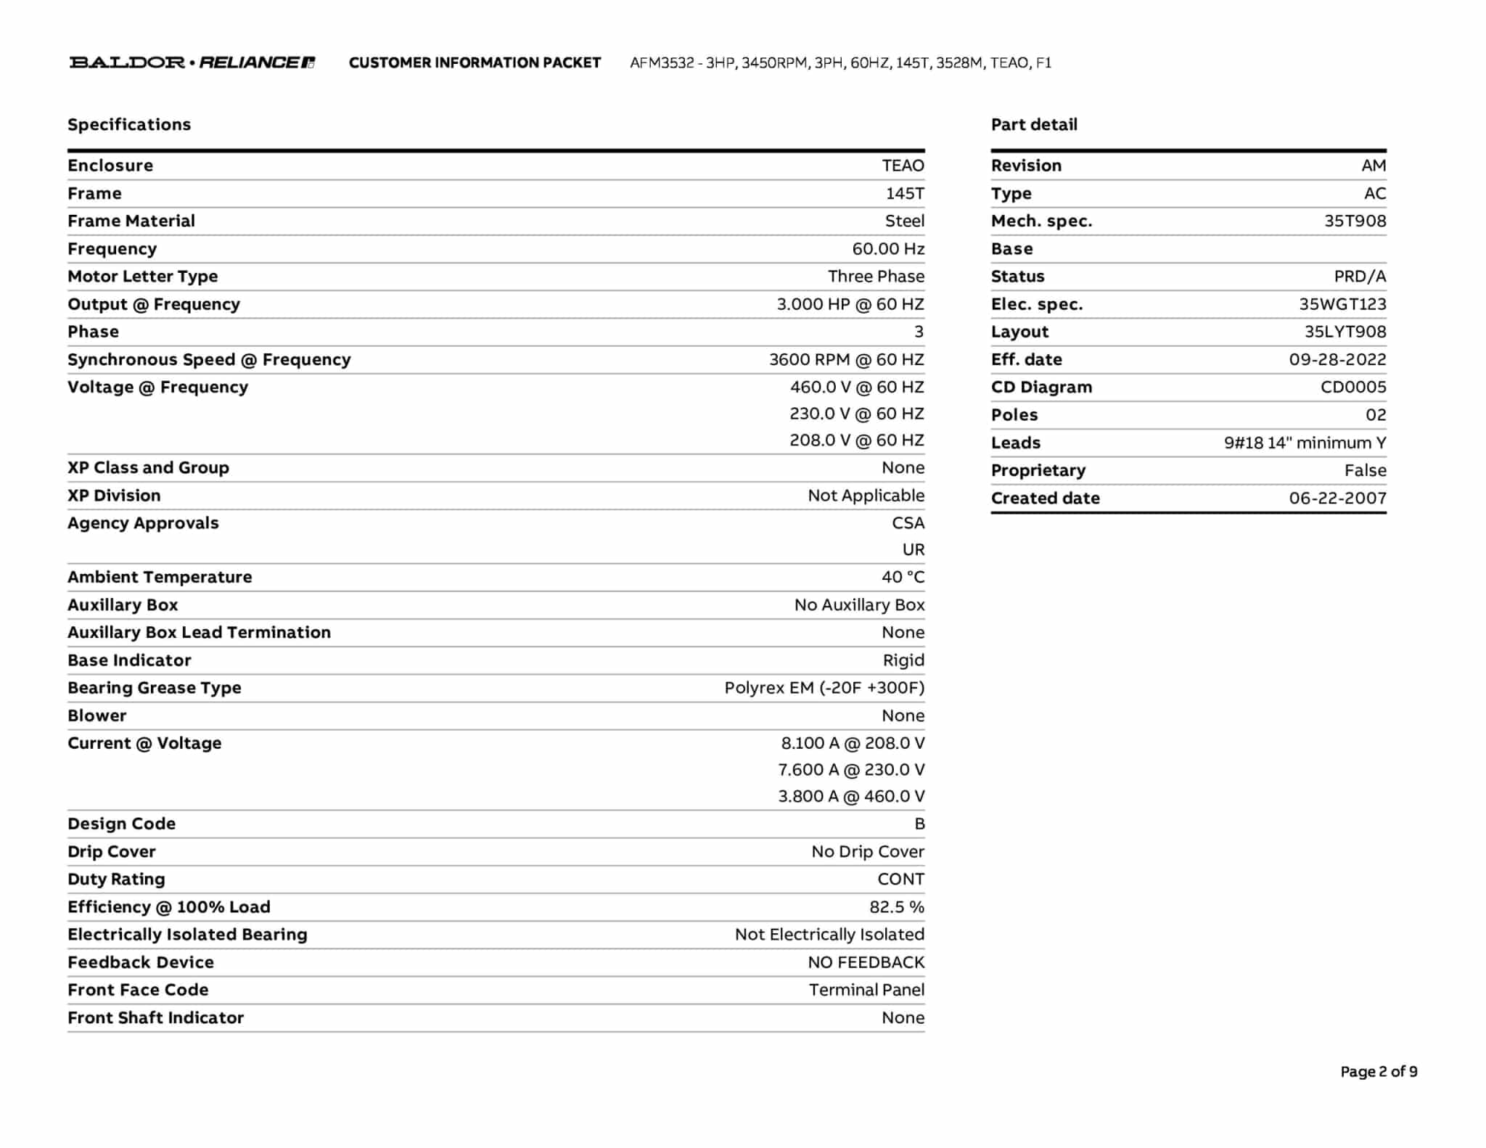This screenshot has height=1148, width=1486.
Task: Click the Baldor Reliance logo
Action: tap(192, 62)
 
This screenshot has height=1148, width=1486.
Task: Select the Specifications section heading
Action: tap(129, 125)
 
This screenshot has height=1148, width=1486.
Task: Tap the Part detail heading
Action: tap(1034, 125)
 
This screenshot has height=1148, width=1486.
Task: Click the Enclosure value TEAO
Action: tap(903, 165)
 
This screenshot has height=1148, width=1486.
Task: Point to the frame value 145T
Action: tap(904, 194)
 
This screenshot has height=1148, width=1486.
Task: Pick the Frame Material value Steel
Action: tap(904, 221)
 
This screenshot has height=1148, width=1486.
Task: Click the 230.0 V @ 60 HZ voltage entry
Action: tap(856, 414)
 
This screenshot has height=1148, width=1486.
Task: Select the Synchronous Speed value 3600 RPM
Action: tap(846, 360)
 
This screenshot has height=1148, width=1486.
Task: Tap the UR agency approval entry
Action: tap(913, 550)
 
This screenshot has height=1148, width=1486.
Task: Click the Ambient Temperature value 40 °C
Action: tap(903, 578)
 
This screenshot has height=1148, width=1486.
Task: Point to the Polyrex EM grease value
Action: tap(824, 688)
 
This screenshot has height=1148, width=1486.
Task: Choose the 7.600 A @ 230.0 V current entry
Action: tap(850, 770)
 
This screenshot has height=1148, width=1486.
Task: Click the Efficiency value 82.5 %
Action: tap(896, 907)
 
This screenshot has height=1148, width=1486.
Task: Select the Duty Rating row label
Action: tap(116, 880)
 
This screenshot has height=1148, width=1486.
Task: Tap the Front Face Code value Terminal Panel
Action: tap(866, 990)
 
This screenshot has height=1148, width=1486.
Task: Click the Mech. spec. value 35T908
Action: tap(1355, 221)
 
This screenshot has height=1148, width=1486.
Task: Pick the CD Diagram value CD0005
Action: tap(1352, 388)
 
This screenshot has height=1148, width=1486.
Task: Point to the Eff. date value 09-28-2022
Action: tap(1337, 360)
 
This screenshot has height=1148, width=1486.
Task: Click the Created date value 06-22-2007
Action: tap(1337, 499)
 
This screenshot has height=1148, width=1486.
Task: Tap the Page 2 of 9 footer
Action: tap(1379, 1072)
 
